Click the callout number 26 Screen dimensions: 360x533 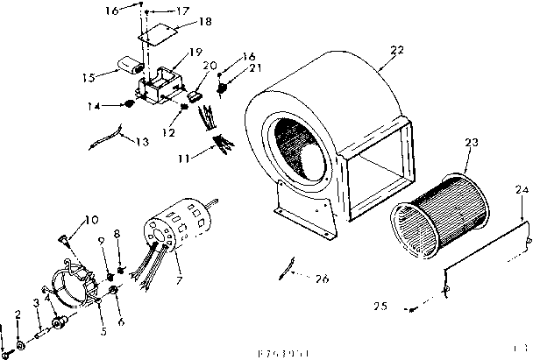(323, 279)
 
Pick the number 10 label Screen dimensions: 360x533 (90, 219)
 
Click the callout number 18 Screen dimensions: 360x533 (181, 20)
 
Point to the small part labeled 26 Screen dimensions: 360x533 (284, 267)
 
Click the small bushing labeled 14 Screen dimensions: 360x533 (131, 104)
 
